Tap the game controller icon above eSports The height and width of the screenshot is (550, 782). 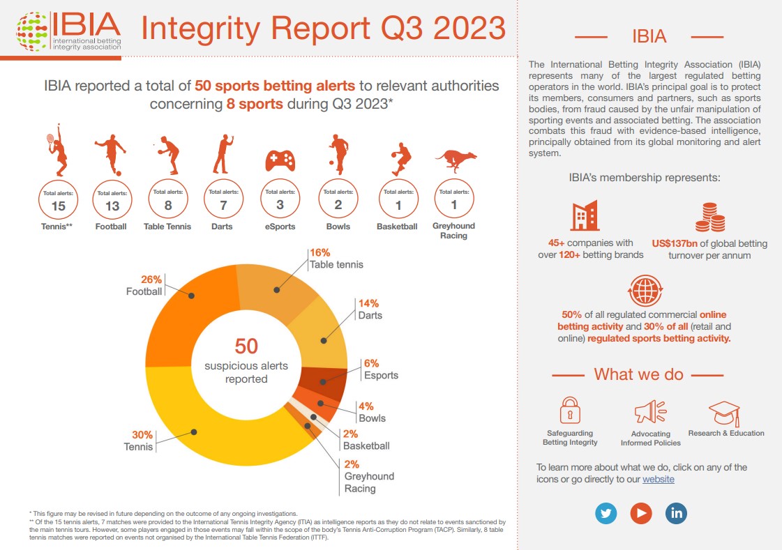pos(280,160)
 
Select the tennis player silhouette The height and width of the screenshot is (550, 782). pos(57,150)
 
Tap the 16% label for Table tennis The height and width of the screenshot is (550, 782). pos(319,253)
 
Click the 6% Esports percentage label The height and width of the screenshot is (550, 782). pos(372,364)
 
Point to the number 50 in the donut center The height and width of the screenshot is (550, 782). pos(246,346)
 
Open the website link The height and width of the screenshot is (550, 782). pos(659,480)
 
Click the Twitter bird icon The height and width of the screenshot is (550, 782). pos(606,513)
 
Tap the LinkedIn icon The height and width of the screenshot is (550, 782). pos(676,513)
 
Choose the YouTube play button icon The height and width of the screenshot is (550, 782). pos(641,513)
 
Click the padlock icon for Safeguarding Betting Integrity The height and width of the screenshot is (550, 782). pos(570,411)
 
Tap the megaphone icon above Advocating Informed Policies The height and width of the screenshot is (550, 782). pos(650,412)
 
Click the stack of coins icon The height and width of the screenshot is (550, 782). pos(710,217)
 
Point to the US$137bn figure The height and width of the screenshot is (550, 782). pos(675,243)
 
